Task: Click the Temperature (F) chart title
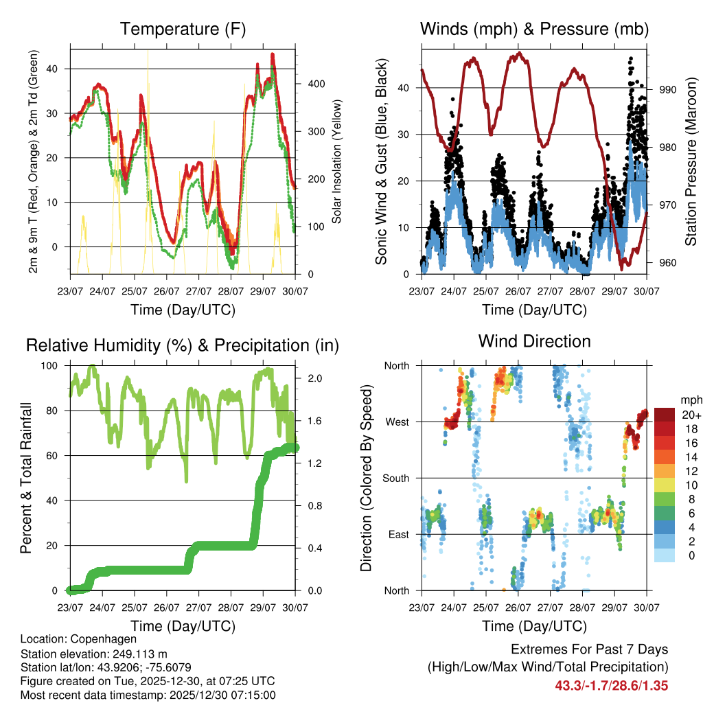point(183,29)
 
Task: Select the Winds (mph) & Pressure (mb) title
point(534,29)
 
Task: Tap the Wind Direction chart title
point(534,341)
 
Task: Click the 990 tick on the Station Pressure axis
point(669,89)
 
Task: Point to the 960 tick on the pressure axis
point(669,263)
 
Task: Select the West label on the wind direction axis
point(397,422)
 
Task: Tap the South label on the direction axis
point(395,478)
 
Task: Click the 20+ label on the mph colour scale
point(690,415)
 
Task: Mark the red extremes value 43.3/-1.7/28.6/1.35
point(611,685)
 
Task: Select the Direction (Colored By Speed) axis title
point(367,479)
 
